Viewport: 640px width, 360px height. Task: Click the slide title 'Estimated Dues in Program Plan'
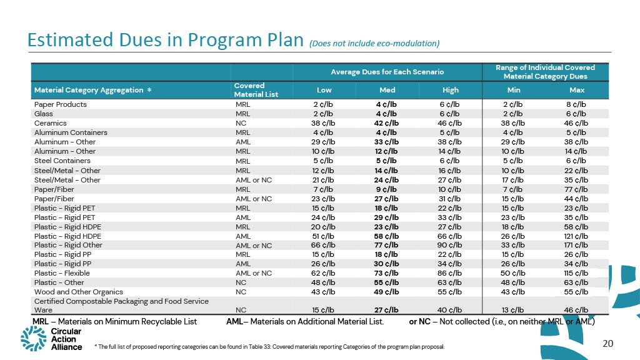pyautogui.click(x=166, y=40)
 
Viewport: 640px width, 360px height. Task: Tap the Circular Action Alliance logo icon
pyautogui.click(x=33, y=337)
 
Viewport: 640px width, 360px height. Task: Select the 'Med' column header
pyautogui.click(x=387, y=89)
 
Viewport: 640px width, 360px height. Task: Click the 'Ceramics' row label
pyautogui.click(x=49, y=123)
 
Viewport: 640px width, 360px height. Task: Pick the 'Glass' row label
pyautogui.click(x=44, y=114)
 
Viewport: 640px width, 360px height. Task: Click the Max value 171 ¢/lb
pyautogui.click(x=576, y=245)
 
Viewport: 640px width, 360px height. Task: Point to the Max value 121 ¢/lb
pyautogui.click(x=576, y=236)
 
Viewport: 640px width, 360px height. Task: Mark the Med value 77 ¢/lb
pyautogui.click(x=387, y=245)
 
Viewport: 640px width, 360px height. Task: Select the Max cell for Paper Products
pyautogui.click(x=576, y=104)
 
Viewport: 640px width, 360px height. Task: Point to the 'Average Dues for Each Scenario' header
pyautogui.click(x=387, y=72)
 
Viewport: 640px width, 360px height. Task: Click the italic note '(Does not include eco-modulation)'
pyautogui.click(x=374, y=43)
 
